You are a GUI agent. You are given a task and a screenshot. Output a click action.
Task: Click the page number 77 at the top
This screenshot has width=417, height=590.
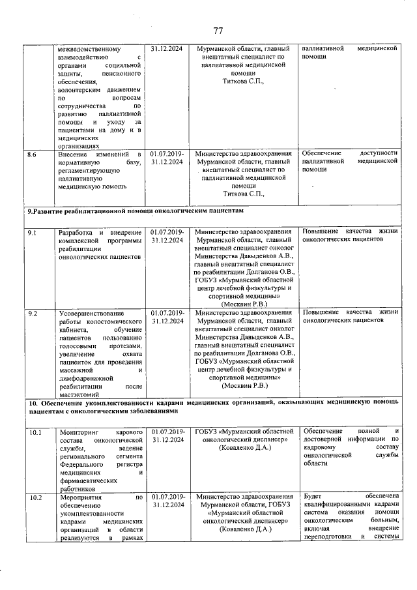pyautogui.click(x=218, y=31)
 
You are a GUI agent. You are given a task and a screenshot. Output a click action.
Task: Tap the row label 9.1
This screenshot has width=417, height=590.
pyautogui.click(x=32, y=232)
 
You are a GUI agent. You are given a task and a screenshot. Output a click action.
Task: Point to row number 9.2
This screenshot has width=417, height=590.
pyautogui.click(x=32, y=314)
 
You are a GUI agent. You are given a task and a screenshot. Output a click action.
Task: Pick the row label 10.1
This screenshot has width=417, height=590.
pyautogui.click(x=35, y=432)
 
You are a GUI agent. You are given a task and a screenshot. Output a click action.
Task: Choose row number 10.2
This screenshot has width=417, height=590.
pyautogui.click(x=35, y=497)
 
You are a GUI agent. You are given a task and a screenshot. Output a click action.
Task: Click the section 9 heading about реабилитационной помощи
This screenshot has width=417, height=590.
pyautogui.click(x=138, y=213)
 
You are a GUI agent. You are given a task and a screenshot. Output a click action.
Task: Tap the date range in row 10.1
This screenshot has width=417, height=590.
pyautogui.click(x=167, y=436)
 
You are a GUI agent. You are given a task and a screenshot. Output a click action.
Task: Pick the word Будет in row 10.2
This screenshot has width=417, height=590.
pyautogui.click(x=313, y=497)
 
